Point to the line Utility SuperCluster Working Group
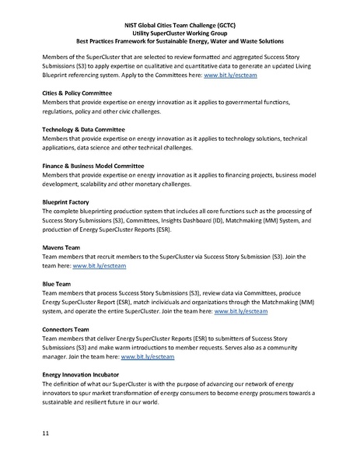pyautogui.click(x=180, y=33)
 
